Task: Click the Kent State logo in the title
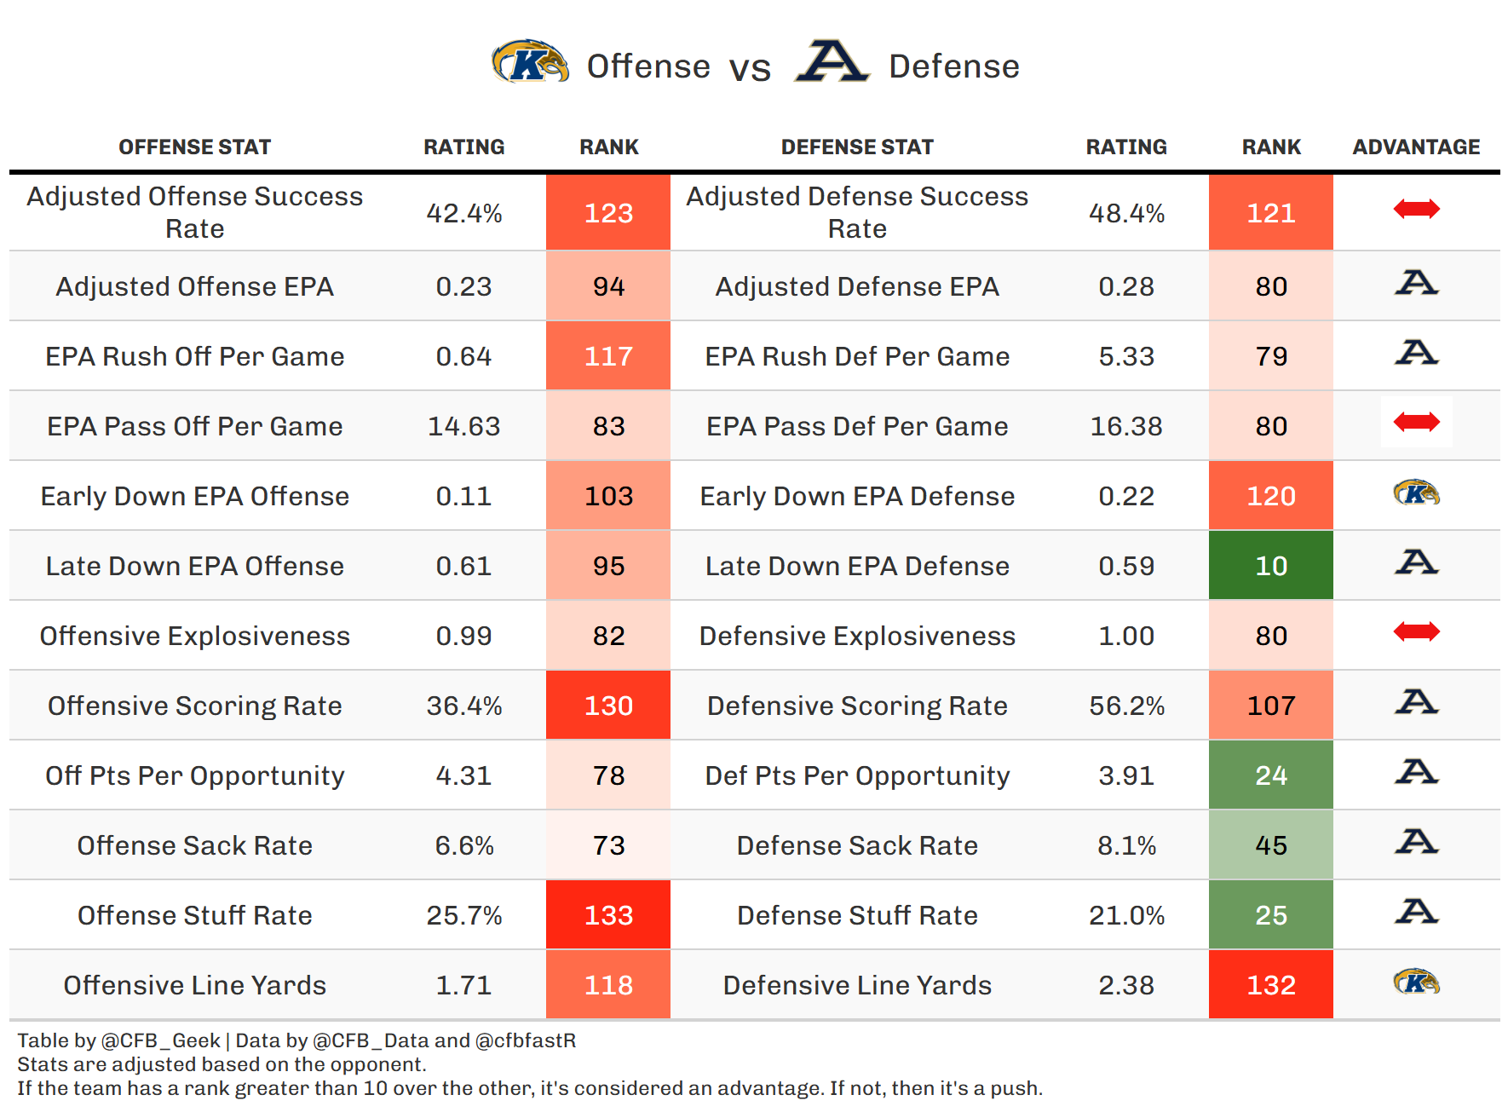coord(530,62)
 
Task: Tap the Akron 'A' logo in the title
coord(832,61)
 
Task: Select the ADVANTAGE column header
coord(1416,147)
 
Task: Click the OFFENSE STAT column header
coord(194,147)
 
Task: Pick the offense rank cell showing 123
coord(608,212)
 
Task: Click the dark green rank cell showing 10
coord(1270,566)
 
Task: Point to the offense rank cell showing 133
coord(608,915)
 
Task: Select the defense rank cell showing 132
coord(1270,985)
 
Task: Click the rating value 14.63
coord(463,426)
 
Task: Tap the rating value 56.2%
coord(1126,706)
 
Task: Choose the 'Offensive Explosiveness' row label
coord(194,636)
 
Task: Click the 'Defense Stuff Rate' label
coord(857,915)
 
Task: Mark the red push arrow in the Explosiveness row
coord(1416,632)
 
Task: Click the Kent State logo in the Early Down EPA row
coord(1416,493)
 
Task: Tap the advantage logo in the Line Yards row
coord(1416,982)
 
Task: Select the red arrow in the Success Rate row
coord(1416,209)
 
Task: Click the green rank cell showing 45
coord(1270,845)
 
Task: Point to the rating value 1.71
coord(463,985)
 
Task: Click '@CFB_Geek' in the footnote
coord(160,1040)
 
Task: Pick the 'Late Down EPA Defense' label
coord(857,566)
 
